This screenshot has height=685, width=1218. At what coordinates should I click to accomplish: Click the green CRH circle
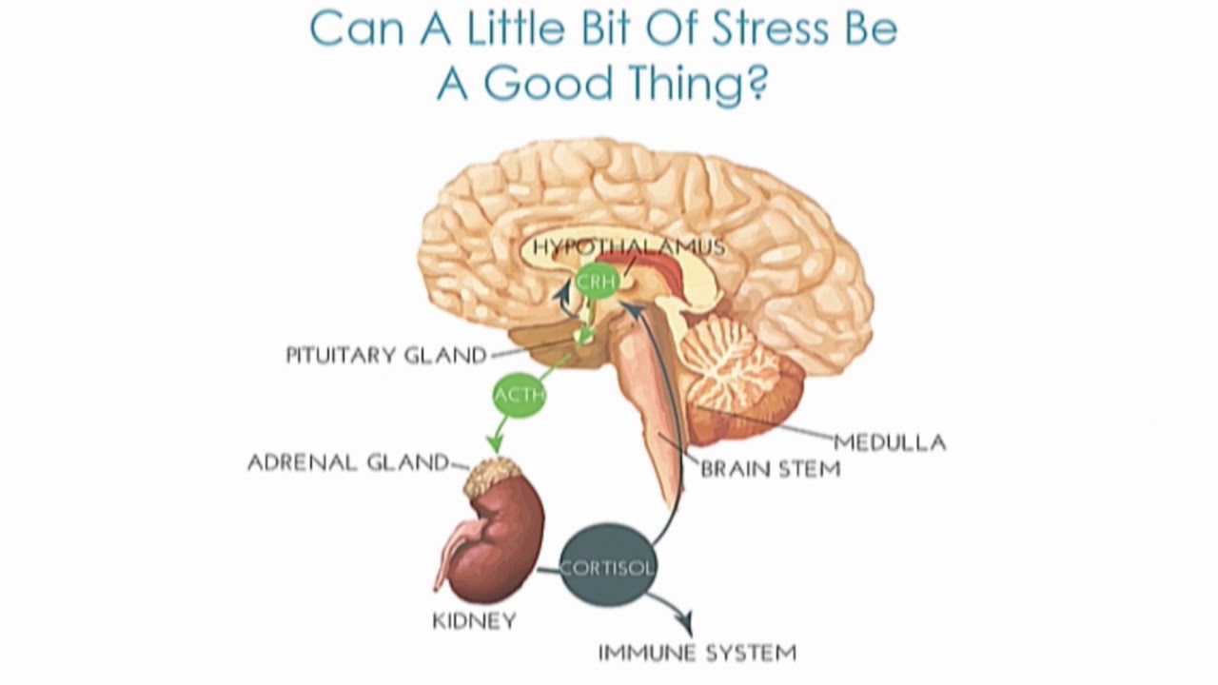598,281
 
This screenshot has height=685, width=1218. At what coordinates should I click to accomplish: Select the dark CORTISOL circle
606,567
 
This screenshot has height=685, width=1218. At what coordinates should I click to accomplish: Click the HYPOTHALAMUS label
628,247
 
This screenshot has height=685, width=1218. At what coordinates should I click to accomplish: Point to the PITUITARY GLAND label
386,356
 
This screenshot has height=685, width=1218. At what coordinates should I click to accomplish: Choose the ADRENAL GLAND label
347,462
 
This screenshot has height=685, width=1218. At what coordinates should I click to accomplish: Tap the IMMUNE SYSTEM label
697,653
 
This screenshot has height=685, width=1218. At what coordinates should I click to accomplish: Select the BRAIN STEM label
771,468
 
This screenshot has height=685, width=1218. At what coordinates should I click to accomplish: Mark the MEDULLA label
890,441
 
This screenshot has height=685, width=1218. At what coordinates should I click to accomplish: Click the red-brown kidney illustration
495,542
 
